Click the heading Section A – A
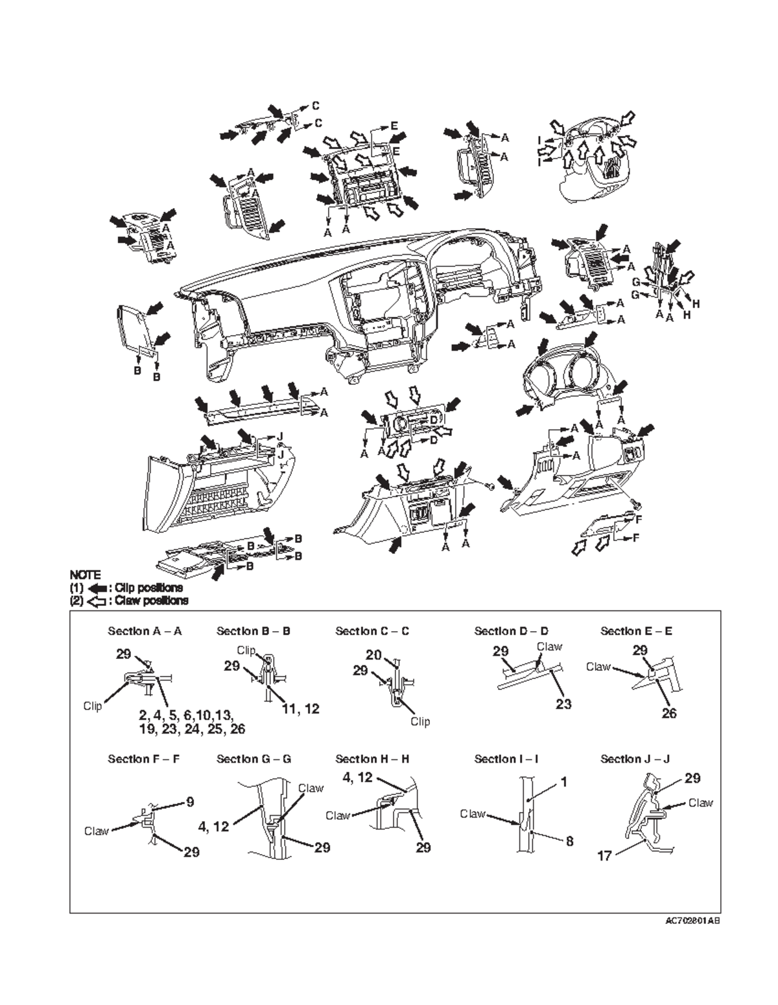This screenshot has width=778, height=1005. pyautogui.click(x=145, y=631)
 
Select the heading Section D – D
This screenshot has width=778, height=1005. pyautogui.click(x=511, y=631)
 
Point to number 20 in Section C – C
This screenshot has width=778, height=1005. pyautogui.click(x=373, y=655)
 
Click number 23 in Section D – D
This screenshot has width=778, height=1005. pyautogui.click(x=563, y=704)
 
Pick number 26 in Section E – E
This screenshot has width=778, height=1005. pyautogui.click(x=669, y=713)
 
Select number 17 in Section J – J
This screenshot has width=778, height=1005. pyautogui.click(x=604, y=856)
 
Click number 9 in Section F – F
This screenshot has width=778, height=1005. pyautogui.click(x=190, y=802)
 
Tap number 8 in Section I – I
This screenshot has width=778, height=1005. pyautogui.click(x=569, y=842)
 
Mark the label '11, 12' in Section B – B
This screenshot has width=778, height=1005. pyautogui.click(x=301, y=709)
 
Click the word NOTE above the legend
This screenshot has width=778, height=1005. pyautogui.click(x=85, y=575)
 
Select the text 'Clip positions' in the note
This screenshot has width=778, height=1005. pyautogui.click(x=148, y=588)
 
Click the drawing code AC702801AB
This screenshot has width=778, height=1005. pyautogui.click(x=692, y=921)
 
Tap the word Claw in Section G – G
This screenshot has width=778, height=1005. pyautogui.click(x=311, y=789)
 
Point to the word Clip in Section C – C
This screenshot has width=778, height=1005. pyautogui.click(x=420, y=721)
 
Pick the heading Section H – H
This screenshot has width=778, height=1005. pyautogui.click(x=372, y=759)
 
